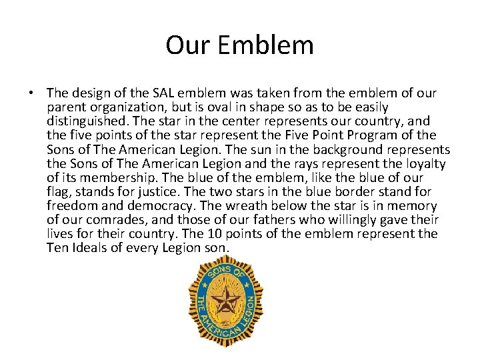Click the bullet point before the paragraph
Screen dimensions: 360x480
click(34, 93)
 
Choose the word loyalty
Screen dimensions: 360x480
click(424, 163)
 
